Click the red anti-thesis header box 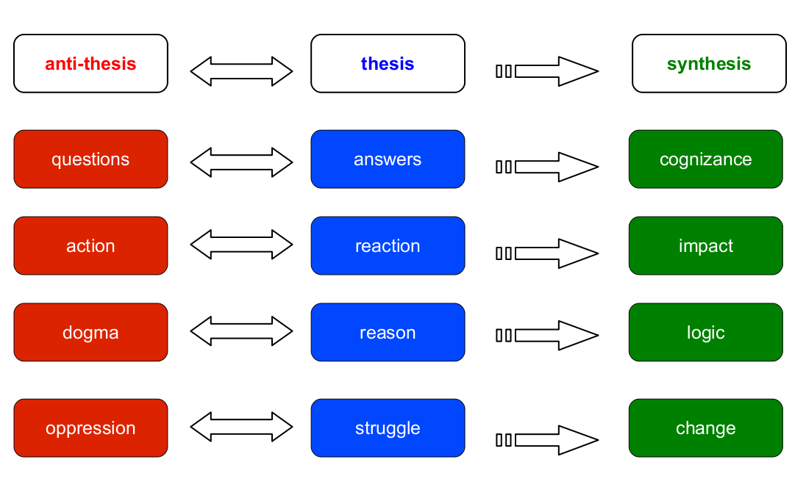(x=90, y=64)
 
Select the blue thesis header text (x=388, y=64)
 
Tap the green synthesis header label (x=709, y=64)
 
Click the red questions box (x=90, y=159)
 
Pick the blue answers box (x=388, y=159)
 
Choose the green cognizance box (x=705, y=159)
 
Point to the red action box (x=90, y=246)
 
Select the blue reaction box (x=388, y=246)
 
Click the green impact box (x=705, y=246)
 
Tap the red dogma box (x=90, y=333)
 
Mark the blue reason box (x=388, y=333)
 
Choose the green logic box (x=705, y=333)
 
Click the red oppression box (x=90, y=428)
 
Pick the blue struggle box (x=388, y=428)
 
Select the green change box (x=705, y=428)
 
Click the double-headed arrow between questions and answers (x=241, y=162)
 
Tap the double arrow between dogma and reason (x=241, y=331)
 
